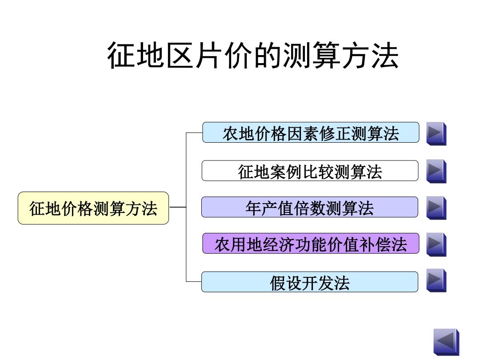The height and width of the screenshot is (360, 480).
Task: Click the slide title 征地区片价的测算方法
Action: click(x=253, y=56)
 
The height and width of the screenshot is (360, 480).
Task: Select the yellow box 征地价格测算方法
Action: click(x=93, y=208)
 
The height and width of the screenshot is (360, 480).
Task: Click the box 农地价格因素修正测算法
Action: click(x=311, y=132)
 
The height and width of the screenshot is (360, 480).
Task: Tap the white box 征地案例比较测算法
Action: click(x=310, y=171)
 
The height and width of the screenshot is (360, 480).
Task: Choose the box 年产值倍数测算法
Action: click(x=310, y=207)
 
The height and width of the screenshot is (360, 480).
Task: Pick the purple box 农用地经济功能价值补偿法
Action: click(x=311, y=244)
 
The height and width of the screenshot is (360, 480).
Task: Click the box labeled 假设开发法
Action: click(x=310, y=282)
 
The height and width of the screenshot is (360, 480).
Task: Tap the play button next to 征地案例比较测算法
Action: click(x=436, y=171)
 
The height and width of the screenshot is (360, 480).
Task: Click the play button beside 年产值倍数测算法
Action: click(x=436, y=208)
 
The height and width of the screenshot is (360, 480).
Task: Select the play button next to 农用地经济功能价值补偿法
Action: click(x=436, y=244)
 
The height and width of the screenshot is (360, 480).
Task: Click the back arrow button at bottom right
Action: click(x=446, y=342)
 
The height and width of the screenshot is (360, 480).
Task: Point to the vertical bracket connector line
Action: click(x=186, y=207)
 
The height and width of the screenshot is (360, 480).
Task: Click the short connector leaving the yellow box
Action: click(x=177, y=207)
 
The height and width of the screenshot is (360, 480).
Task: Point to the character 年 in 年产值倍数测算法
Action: click(x=253, y=208)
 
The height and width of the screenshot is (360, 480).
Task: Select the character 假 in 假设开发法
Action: click(x=277, y=283)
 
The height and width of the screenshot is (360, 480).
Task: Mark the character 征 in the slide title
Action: click(x=121, y=56)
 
